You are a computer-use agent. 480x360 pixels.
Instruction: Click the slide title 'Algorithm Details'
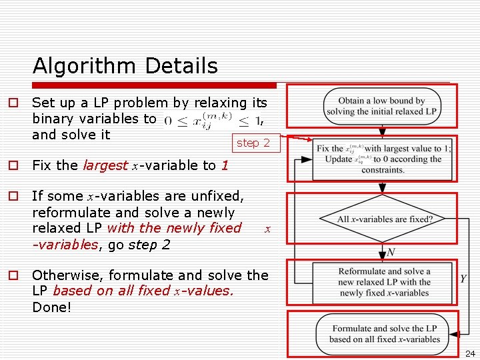(x=125, y=66)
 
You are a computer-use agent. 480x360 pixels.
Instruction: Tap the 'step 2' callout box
(x=253, y=143)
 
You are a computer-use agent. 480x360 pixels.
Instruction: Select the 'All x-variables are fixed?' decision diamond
(x=385, y=219)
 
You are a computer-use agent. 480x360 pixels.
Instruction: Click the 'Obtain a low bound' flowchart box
(x=381, y=106)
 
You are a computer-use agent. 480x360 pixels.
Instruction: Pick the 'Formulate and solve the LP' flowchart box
(x=385, y=333)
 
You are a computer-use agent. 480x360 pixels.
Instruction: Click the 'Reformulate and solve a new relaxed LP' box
(x=385, y=282)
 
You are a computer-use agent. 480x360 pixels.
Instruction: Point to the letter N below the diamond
(x=391, y=252)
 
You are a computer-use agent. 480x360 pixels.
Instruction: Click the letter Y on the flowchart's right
(x=463, y=279)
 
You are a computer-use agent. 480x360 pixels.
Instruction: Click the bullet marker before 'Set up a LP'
(x=12, y=103)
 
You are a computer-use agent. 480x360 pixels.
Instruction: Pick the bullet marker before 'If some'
(x=12, y=196)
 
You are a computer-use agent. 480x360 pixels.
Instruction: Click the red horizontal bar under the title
(x=153, y=85)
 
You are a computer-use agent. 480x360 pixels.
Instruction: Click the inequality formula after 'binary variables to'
(x=210, y=121)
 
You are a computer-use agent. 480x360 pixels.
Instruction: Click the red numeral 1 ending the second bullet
(x=225, y=165)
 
